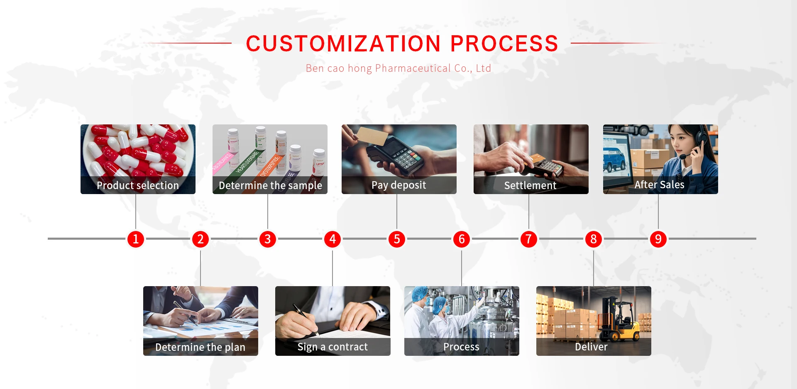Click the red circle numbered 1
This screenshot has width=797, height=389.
136,239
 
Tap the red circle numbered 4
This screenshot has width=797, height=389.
332,239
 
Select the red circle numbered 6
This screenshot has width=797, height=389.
462,239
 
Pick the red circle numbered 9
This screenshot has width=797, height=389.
658,239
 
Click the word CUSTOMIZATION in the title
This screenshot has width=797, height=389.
343,44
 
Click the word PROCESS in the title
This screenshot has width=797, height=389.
504,44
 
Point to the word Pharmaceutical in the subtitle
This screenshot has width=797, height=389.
413,68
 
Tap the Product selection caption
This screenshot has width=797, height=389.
138,185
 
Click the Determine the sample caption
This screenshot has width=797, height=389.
270,185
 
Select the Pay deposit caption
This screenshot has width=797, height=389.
398,185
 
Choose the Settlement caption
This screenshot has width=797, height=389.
530,185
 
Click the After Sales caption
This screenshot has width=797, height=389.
659,185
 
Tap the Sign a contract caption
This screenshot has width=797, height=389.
332,347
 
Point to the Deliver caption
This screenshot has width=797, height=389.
591,347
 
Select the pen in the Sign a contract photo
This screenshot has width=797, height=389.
305,319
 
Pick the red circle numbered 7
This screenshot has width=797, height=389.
528,239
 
